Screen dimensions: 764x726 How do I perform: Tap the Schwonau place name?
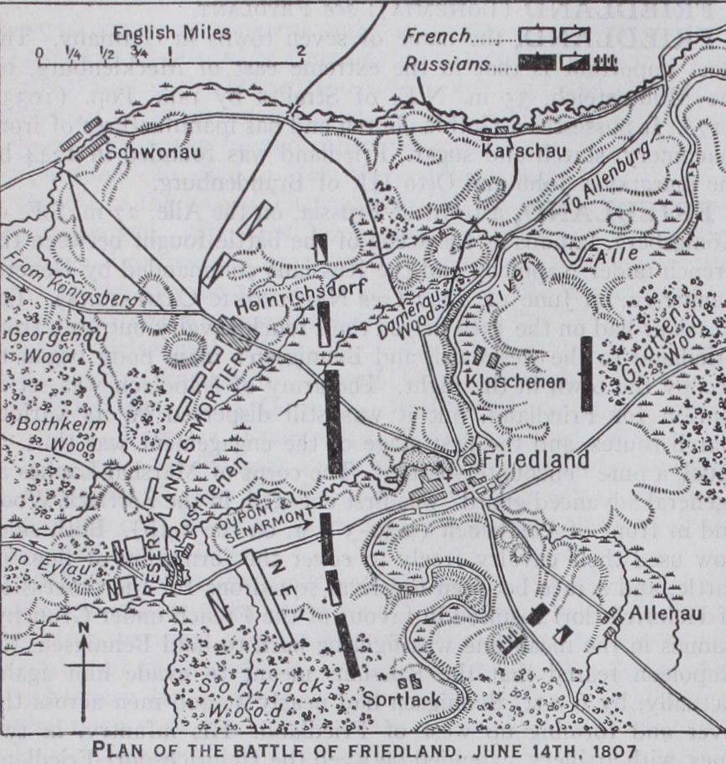147,154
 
